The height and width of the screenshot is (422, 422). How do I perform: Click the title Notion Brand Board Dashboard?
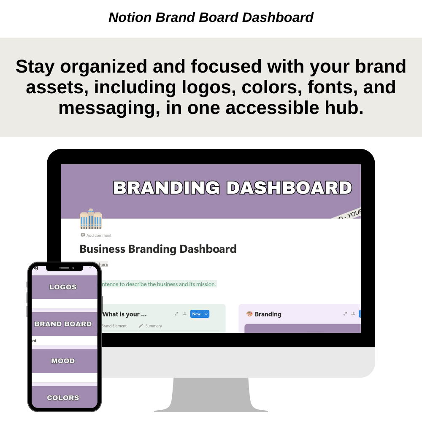click(211, 17)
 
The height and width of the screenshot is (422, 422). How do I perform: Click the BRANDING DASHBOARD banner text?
click(233, 188)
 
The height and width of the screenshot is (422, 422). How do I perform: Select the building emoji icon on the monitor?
click(91, 219)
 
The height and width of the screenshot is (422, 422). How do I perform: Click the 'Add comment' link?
click(98, 235)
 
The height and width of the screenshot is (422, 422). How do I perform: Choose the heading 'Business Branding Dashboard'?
click(158, 249)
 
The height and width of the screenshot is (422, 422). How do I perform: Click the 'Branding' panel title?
click(268, 314)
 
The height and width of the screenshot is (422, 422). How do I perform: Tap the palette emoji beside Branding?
click(249, 314)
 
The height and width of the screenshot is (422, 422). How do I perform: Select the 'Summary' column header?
click(153, 326)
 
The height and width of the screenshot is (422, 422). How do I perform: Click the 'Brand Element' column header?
click(114, 326)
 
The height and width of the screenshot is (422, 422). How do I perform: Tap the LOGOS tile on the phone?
click(63, 287)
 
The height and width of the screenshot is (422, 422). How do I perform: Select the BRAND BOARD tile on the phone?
click(63, 324)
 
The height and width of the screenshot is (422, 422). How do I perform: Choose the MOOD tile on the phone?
click(63, 361)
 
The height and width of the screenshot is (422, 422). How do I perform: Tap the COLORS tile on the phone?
click(63, 398)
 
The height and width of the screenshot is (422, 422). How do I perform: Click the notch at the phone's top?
click(65, 268)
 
